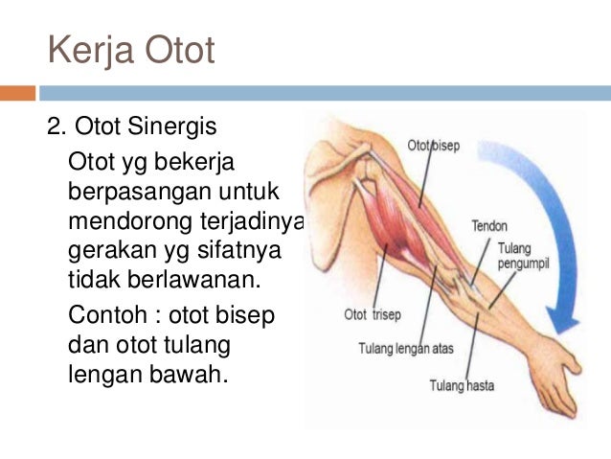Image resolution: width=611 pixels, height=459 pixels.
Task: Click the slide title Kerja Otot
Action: pos(131,51)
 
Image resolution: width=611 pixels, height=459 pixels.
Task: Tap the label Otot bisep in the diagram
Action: pos(435,146)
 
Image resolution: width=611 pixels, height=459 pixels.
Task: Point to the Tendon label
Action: pos(489,226)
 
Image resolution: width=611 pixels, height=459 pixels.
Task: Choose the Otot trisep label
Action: pos(373,313)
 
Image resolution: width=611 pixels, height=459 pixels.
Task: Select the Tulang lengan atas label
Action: pos(405,348)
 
